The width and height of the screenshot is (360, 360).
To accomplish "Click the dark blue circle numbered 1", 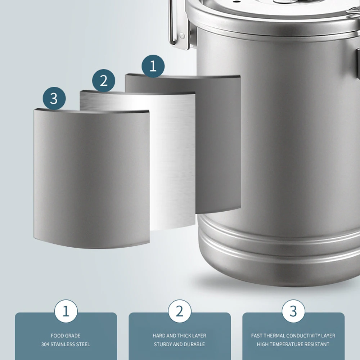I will (x=153, y=66).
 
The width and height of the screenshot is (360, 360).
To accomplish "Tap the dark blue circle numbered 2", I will (x=104, y=80).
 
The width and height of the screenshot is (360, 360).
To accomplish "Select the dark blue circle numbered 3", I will (x=54, y=98).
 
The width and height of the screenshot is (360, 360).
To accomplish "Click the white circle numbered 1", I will (x=66, y=311).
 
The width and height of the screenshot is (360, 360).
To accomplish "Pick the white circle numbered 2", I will (x=180, y=311).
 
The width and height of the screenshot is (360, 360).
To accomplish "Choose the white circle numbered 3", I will (x=293, y=311).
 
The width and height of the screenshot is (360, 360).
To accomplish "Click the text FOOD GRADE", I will (x=66, y=336).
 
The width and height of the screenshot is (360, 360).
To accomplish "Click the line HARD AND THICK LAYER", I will (x=179, y=336).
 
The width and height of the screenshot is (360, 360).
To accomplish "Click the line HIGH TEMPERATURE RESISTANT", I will (x=293, y=344).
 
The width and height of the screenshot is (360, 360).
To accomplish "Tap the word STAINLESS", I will (x=64, y=344).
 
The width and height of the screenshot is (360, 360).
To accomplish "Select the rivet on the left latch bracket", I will (x=182, y=36).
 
